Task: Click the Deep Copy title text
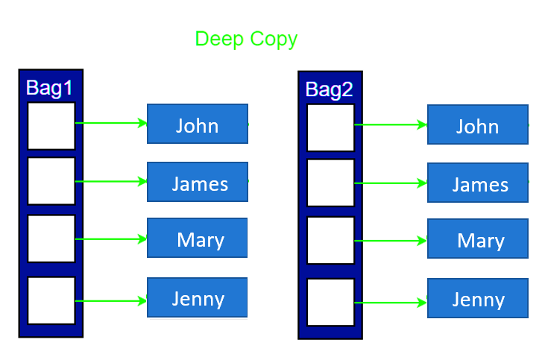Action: point(246,39)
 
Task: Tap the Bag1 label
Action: point(49,87)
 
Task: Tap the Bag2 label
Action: point(329,89)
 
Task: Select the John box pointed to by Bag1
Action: point(198,124)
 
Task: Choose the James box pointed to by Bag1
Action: point(198,182)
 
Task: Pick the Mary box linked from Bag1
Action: point(198,239)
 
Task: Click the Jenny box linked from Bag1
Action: point(198,297)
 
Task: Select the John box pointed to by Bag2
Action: point(477,125)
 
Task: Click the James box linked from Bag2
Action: point(477,183)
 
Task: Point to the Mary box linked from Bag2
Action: point(477,239)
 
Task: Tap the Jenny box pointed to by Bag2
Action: point(477,299)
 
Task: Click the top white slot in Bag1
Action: point(51,126)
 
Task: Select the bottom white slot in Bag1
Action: point(51,300)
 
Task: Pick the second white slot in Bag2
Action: point(330,183)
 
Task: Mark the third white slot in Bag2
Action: point(330,241)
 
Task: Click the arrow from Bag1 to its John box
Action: point(111,123)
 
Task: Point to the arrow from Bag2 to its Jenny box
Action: point(391,303)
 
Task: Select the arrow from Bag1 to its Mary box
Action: point(111,239)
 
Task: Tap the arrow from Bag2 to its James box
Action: point(391,183)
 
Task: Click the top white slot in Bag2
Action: point(330,127)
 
